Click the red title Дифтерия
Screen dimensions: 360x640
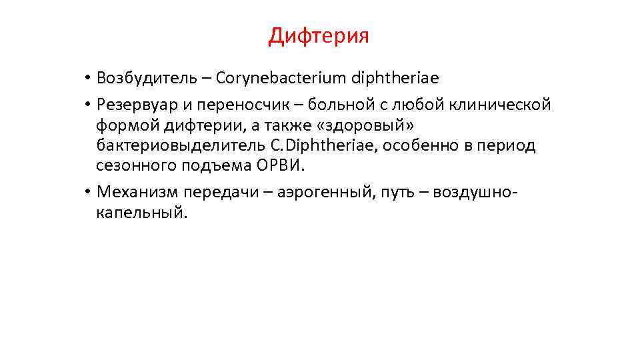[x=319, y=35]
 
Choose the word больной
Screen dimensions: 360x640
[x=343, y=105]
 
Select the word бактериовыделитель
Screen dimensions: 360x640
[x=175, y=145]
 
